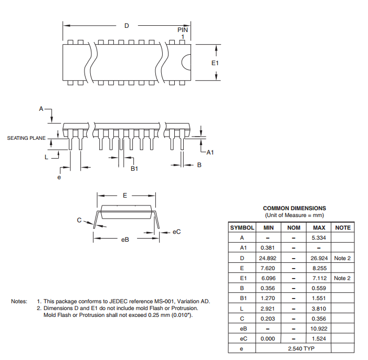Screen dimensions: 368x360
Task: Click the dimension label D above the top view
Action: (127, 26)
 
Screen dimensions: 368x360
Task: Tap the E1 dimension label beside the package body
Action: (215, 63)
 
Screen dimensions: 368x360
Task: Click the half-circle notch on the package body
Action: (186, 62)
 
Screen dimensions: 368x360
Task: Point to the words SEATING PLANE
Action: (26, 138)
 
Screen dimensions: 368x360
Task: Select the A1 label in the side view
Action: (210, 152)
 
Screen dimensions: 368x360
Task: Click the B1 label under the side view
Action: (134, 169)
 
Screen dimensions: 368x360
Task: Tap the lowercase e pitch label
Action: (59, 177)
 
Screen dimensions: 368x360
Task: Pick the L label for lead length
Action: (47, 157)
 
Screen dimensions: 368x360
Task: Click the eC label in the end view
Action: (176, 232)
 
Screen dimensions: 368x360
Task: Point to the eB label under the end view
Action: (125, 240)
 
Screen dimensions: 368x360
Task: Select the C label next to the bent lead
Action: (79, 220)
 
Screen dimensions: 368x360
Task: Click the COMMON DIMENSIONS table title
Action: (295, 208)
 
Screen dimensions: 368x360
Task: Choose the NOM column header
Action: (293, 228)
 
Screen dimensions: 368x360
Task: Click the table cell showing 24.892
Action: (268, 258)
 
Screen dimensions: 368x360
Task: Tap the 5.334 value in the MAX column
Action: (319, 238)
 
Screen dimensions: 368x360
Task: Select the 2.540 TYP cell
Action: (301, 348)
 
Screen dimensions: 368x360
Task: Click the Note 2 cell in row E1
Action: (342, 278)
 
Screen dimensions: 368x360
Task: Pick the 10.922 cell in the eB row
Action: (319, 328)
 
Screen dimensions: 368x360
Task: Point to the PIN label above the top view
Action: (183, 30)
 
